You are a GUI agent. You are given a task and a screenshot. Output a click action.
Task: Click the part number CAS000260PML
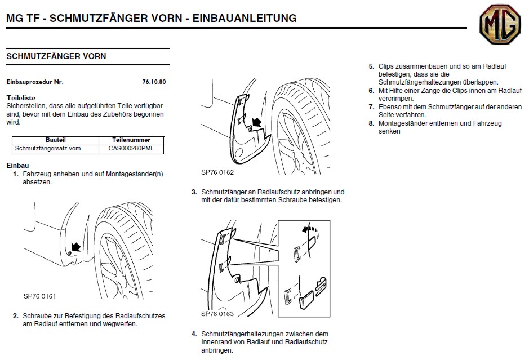click(131, 149)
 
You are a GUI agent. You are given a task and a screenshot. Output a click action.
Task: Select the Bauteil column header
click(56, 140)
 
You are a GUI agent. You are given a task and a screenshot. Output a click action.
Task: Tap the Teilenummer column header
click(131, 140)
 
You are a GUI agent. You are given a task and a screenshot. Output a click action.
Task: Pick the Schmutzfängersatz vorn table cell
click(48, 149)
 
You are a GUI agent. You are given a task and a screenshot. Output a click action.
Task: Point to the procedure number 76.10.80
click(154, 82)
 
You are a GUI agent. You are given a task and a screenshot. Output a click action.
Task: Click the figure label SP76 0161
click(39, 296)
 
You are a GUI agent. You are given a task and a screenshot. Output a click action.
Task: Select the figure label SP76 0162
click(217, 172)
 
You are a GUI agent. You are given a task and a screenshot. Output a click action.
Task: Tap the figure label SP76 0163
click(217, 314)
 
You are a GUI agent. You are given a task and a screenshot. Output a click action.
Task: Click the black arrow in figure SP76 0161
click(75, 247)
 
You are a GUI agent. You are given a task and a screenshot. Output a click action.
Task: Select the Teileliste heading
click(21, 98)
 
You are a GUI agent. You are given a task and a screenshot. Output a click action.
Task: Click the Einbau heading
click(17, 166)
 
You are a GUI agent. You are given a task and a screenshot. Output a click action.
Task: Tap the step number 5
click(371, 66)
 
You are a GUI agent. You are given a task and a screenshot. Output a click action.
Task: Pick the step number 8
click(371, 123)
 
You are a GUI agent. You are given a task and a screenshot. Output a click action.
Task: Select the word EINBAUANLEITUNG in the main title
click(245, 18)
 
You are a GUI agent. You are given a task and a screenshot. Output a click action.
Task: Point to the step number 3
click(194, 192)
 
